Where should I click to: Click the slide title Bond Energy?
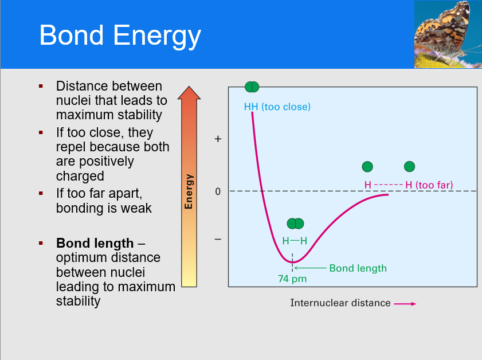[x=120, y=36]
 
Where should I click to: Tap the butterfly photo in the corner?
[x=448, y=34]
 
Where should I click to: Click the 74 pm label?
[x=292, y=279]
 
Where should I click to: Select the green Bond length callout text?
[x=358, y=268]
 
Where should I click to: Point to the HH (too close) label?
[x=277, y=107]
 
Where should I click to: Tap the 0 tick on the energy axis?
[x=218, y=191]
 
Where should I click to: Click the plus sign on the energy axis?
[x=218, y=139]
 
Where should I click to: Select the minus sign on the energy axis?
[x=218, y=239]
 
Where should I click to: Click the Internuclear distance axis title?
[x=340, y=303]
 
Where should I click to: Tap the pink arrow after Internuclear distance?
[x=405, y=303]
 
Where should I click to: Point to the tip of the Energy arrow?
[x=189, y=87]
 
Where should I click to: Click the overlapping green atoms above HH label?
[x=252, y=87]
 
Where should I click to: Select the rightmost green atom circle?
[x=409, y=166]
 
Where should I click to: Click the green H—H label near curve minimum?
[x=295, y=241]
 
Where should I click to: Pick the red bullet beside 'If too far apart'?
[x=41, y=193]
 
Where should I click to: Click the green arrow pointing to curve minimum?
[x=309, y=268]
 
